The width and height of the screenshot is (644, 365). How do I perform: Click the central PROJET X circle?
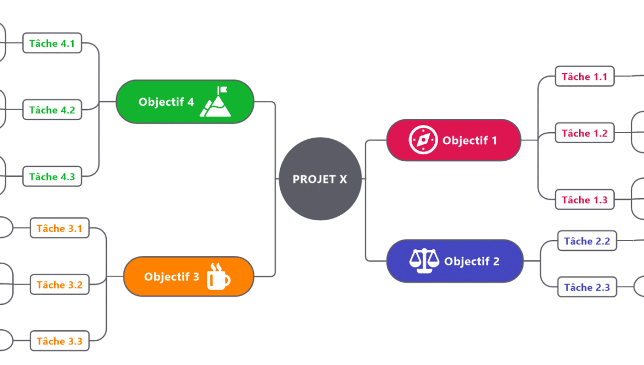pyautogui.click(x=320, y=179)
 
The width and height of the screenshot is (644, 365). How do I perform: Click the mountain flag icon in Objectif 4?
pyautogui.click(x=216, y=101)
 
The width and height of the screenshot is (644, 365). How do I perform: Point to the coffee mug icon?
pyautogui.click(x=218, y=276)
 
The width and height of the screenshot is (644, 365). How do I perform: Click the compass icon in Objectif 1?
pyautogui.click(x=423, y=140)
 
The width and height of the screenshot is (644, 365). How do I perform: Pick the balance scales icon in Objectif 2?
pyautogui.click(x=424, y=260)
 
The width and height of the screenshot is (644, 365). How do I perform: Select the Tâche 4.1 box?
pyautogui.click(x=52, y=43)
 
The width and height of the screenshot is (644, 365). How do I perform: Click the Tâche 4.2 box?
pyautogui.click(x=52, y=110)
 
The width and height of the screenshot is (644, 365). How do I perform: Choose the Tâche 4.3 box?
pyautogui.click(x=52, y=176)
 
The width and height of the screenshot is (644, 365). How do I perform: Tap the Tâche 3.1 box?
pyautogui.click(x=59, y=228)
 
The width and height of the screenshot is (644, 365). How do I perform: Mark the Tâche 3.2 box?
pyautogui.click(x=59, y=285)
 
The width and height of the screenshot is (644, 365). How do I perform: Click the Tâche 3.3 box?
pyautogui.click(x=59, y=341)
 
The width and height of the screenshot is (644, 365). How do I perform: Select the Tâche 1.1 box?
pyautogui.click(x=585, y=77)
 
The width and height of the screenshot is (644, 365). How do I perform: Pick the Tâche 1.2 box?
pyautogui.click(x=585, y=133)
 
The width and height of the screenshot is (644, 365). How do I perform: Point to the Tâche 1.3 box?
pyautogui.click(x=585, y=199)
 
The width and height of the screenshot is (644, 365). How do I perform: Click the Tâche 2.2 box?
pyautogui.click(x=587, y=241)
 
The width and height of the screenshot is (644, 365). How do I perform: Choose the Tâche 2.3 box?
pyautogui.click(x=587, y=287)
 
